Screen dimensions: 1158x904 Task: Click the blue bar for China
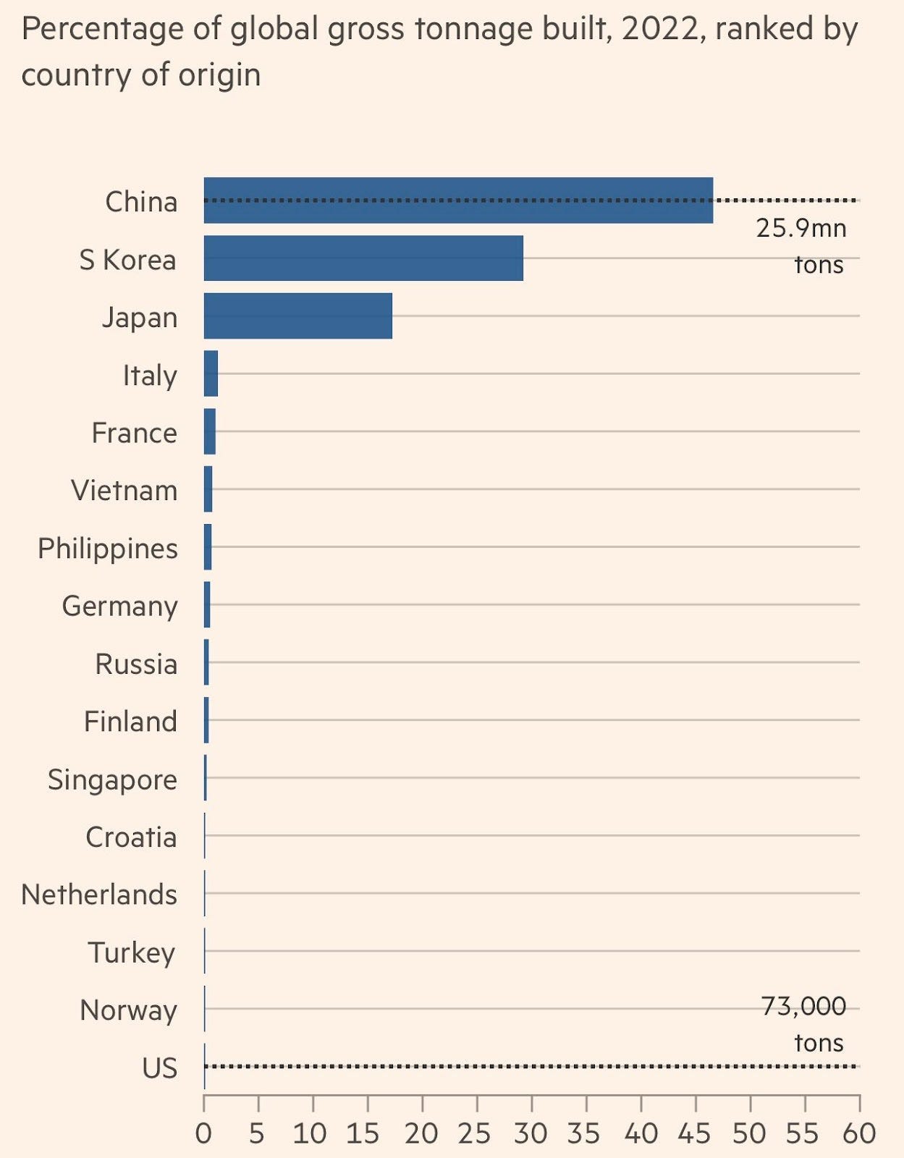click(458, 200)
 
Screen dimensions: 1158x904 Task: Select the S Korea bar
click(363, 258)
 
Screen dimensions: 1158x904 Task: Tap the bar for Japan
click(297, 316)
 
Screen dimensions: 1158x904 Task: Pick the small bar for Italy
click(211, 373)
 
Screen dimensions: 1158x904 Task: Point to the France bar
click(210, 431)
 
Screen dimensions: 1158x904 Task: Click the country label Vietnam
click(124, 491)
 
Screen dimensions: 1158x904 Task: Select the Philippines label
click(108, 549)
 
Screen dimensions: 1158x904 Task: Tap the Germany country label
click(119, 607)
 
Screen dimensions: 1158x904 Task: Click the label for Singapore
click(112, 779)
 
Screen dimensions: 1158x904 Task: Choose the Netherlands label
click(99, 895)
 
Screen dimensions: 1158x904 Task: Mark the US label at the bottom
click(159, 1068)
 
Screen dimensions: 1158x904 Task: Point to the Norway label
click(128, 1010)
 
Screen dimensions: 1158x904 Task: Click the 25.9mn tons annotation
click(801, 246)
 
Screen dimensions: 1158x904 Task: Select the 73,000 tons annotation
click(804, 1024)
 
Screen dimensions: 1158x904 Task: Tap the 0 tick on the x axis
click(203, 1133)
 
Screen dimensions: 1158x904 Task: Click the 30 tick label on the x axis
click(531, 1133)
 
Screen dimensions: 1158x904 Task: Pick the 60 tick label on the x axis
click(858, 1133)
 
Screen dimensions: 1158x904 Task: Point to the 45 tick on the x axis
click(695, 1133)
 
